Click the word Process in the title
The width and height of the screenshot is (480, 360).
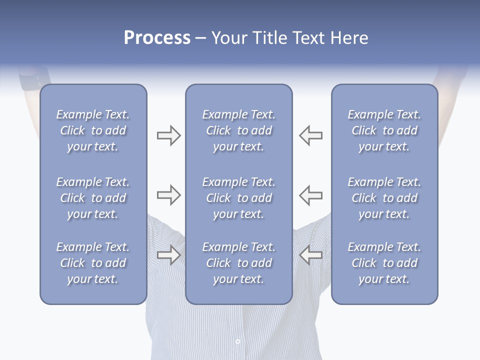157,38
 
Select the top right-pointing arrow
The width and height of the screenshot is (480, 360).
168,135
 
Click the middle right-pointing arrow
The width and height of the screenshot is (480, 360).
168,195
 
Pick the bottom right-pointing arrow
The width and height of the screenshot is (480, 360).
168,255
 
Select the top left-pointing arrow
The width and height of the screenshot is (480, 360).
310,135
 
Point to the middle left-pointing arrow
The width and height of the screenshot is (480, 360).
310,195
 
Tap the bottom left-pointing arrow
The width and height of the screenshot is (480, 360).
310,255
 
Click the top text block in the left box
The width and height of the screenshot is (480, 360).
93,130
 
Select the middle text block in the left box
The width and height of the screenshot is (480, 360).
93,198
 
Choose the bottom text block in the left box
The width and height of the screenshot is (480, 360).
93,263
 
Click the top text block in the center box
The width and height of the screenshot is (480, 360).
239,130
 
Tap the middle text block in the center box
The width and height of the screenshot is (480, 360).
239,198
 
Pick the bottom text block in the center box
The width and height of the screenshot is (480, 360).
239,263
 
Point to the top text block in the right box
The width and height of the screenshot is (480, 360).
384,130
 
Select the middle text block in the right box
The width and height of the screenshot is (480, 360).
384,198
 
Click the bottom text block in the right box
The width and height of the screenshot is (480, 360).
384,263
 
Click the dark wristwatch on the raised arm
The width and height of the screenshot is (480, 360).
34,80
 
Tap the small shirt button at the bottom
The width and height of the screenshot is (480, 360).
237,341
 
